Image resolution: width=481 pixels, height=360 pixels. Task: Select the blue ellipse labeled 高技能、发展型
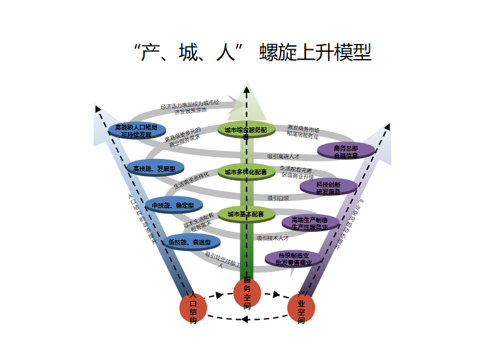(154, 169)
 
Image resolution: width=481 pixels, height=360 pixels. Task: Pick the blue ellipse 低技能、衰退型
(189, 242)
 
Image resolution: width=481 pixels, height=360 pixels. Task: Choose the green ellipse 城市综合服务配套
(246, 131)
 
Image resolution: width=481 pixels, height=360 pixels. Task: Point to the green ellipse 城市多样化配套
(246, 172)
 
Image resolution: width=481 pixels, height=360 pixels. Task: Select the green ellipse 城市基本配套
(246, 214)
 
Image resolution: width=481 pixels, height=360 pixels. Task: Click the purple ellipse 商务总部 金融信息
(346, 151)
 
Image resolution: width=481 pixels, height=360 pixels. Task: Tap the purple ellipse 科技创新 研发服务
(328, 187)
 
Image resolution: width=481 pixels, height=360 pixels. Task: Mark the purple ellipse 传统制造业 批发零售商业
(294, 259)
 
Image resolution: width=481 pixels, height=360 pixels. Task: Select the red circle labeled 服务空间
(247, 292)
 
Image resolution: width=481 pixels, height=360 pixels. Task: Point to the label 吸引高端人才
(283, 156)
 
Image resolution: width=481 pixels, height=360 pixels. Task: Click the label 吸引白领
(278, 198)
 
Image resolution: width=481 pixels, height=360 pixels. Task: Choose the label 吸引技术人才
(273, 237)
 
